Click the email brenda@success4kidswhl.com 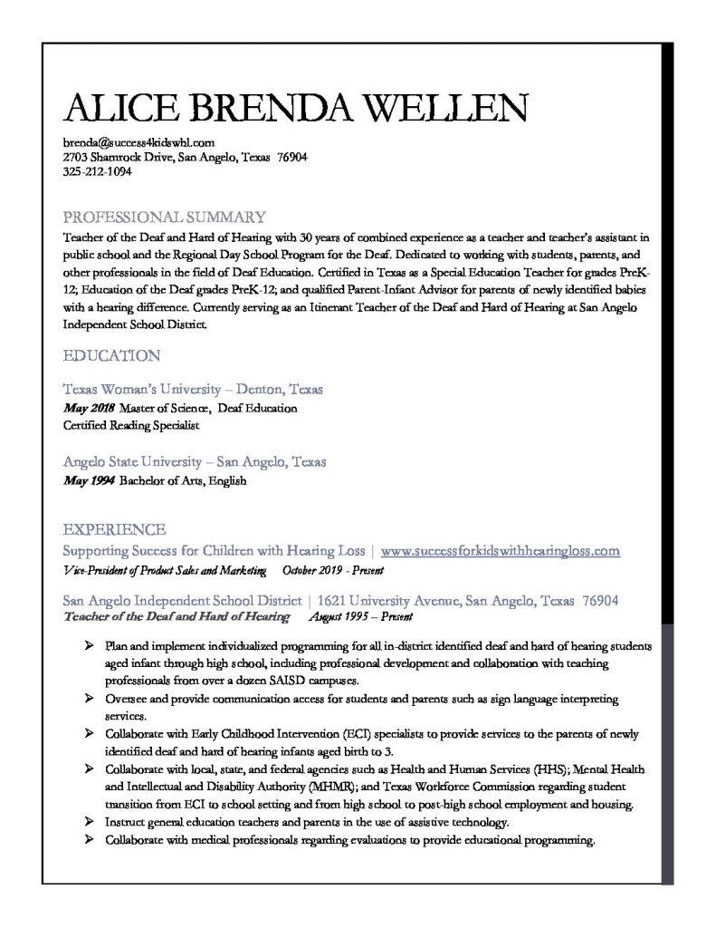pos(138,142)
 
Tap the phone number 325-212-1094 pos(97,171)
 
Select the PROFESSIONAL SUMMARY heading pos(164,217)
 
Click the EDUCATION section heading pos(111,354)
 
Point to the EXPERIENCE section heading pos(113,529)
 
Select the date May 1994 pos(89,481)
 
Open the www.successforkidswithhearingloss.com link pos(501,550)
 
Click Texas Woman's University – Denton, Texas pos(193,389)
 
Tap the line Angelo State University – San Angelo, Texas pos(195,461)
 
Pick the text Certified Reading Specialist pos(131,424)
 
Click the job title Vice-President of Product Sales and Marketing pos(165,571)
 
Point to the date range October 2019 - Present pos(333,571)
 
